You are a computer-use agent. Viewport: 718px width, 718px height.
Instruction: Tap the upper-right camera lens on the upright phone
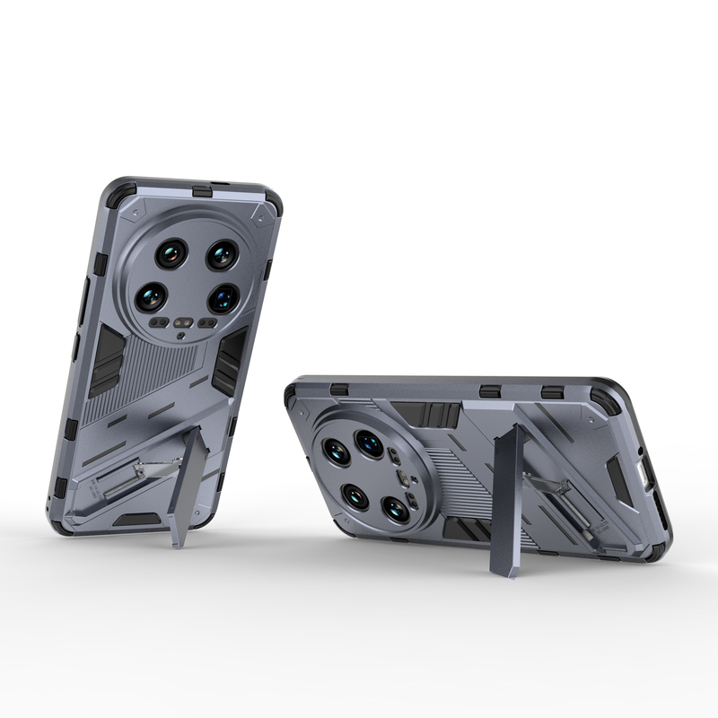(222, 255)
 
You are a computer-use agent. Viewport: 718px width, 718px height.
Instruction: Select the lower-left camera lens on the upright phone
(152, 296)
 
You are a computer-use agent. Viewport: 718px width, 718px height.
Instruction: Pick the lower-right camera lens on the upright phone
(223, 297)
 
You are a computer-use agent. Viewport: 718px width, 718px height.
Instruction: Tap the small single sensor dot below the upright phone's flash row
(182, 337)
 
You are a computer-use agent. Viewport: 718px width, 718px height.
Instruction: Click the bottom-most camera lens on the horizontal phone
(395, 509)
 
